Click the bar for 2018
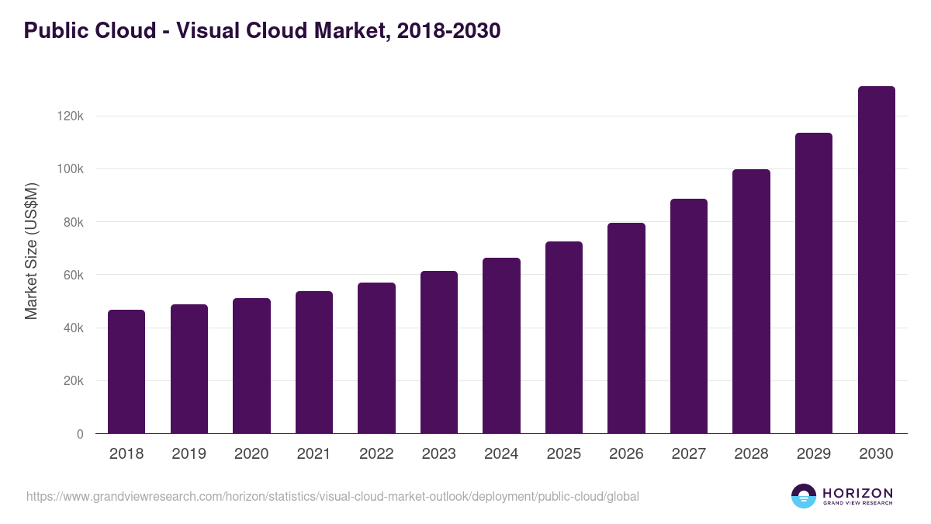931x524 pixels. (126, 372)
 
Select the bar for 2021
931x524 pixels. (314, 363)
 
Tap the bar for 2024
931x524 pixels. (501, 345)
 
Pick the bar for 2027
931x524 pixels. (689, 316)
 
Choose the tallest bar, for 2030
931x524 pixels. (876, 260)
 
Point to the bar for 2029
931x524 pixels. (814, 283)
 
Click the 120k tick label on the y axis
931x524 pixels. (70, 116)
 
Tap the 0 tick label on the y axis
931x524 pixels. (79, 434)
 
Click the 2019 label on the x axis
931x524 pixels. (189, 454)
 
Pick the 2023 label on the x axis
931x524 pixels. (438, 454)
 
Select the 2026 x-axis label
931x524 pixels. (626, 454)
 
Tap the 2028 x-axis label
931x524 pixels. (751, 454)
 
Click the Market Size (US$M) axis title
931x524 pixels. (31, 251)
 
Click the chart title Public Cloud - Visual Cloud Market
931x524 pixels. (262, 31)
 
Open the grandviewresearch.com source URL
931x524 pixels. (333, 496)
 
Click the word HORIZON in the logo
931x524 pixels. (857, 492)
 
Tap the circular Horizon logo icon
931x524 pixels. (804, 496)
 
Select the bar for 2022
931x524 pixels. (376, 358)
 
